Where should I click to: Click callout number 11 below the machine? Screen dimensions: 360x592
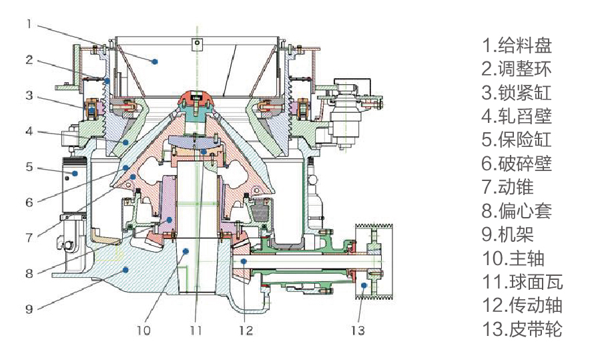coord(194,329)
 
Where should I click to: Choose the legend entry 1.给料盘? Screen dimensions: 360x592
coord(517,46)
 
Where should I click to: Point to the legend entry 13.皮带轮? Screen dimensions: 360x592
coord(522,329)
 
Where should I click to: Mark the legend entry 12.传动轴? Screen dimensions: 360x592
coord(522,305)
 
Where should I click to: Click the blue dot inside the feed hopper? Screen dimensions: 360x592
coord(155,61)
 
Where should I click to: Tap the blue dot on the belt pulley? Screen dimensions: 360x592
coord(364,285)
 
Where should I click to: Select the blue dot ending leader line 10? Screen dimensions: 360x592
coord(186,251)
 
